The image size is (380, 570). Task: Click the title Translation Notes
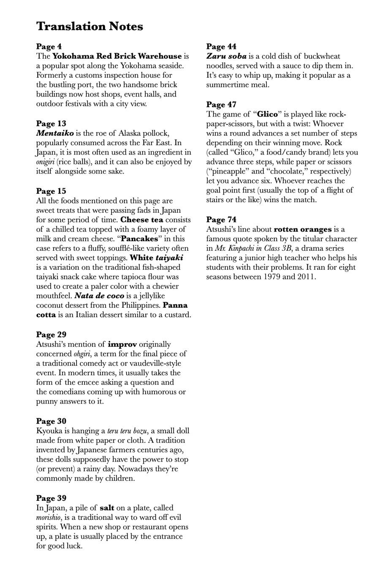(x=90, y=26)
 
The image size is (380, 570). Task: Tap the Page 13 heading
(x=51, y=123)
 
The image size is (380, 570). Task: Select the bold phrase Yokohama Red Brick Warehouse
(x=117, y=56)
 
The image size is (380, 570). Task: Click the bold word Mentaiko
(x=55, y=133)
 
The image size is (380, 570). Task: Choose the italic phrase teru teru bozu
(x=127, y=431)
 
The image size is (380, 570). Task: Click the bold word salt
(x=107, y=508)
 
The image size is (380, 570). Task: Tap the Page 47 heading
(x=221, y=104)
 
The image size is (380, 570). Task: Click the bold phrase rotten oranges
(x=303, y=229)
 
